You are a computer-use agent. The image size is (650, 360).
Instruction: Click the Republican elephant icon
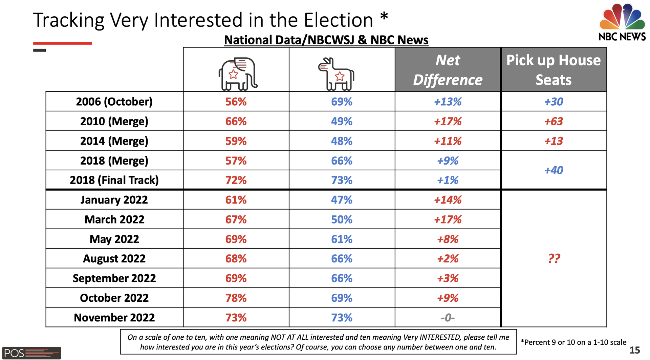[237, 74]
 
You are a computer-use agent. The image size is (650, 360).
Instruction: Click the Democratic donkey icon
[337, 74]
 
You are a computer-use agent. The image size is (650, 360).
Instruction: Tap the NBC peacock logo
[622, 17]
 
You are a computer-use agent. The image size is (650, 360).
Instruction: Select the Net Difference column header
[448, 70]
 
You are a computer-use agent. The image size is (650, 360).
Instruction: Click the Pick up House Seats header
[554, 70]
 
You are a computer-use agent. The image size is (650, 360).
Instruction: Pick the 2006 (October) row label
[114, 102]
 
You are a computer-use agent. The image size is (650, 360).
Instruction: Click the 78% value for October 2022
[236, 298]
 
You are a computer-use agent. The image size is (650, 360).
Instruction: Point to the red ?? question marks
[554, 258]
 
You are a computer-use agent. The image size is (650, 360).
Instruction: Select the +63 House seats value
[554, 121]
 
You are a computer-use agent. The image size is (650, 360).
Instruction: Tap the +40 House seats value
[554, 170]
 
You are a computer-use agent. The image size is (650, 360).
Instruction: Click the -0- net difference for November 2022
[448, 318]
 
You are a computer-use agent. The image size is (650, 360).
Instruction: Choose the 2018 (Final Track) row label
[114, 180]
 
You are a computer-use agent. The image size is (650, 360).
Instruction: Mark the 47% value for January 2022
[342, 200]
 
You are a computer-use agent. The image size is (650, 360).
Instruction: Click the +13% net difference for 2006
[448, 102]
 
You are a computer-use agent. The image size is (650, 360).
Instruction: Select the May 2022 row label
[114, 239]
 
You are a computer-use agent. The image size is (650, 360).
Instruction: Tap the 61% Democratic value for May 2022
[342, 239]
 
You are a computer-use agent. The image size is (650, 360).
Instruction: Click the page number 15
[634, 350]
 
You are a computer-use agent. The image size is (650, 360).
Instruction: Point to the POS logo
[31, 353]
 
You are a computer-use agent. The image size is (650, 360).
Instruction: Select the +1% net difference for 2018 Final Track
[448, 180]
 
